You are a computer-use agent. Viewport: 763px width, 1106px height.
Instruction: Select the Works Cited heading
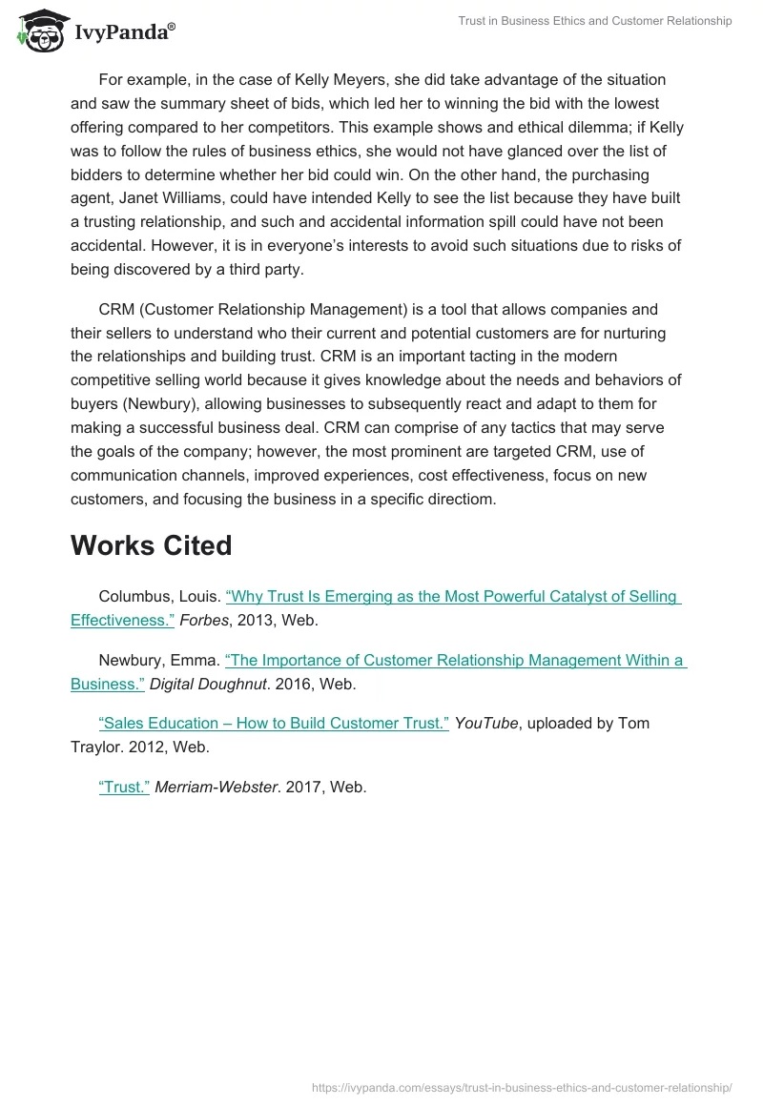coord(151,545)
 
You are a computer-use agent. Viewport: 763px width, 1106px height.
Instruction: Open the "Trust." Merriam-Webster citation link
coord(124,788)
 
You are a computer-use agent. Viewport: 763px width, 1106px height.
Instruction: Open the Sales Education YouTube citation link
coord(274,723)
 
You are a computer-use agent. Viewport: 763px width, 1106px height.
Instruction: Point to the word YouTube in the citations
coord(486,723)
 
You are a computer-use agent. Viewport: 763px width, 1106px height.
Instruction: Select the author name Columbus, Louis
coord(160,597)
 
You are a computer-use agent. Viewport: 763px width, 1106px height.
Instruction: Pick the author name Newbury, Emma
coord(159,661)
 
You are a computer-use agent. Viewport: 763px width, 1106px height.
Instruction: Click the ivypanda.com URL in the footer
coord(522,1087)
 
